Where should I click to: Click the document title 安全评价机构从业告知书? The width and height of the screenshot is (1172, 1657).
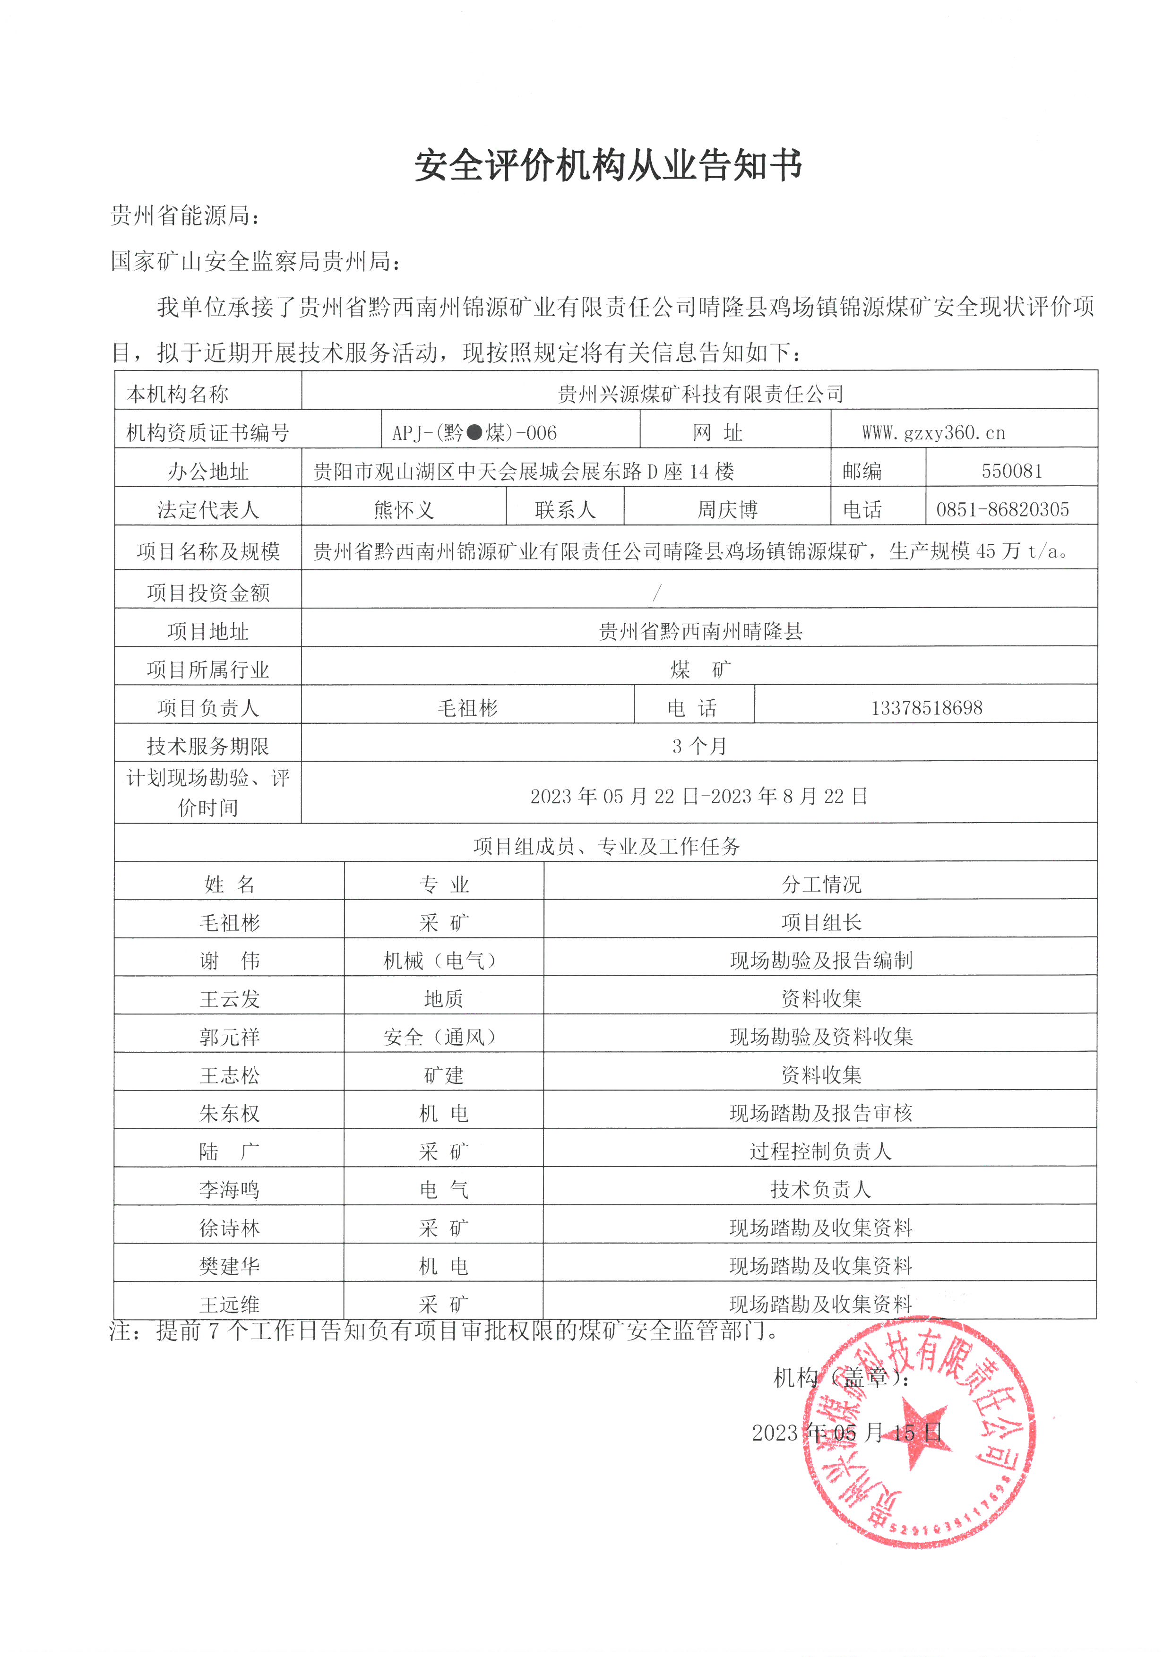pyautogui.click(x=608, y=166)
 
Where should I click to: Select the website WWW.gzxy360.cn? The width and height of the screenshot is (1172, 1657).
pyautogui.click(x=933, y=432)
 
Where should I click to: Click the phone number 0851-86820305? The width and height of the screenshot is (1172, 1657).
pyautogui.click(x=1002, y=509)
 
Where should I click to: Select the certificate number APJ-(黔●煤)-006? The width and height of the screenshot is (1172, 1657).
pyautogui.click(x=474, y=433)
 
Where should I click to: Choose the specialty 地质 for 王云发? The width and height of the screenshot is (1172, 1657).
pyautogui.click(x=443, y=999)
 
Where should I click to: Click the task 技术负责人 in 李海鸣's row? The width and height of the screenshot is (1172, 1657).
pyautogui.click(x=820, y=1189)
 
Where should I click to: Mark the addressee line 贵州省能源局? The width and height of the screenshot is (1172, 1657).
pyautogui.click(x=185, y=215)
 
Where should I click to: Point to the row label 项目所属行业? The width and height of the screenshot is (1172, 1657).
pyautogui.click(x=208, y=670)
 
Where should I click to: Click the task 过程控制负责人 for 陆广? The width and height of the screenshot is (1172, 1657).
pyautogui.click(x=820, y=1151)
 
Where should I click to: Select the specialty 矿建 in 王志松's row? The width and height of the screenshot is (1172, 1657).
pyautogui.click(x=443, y=1075)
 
